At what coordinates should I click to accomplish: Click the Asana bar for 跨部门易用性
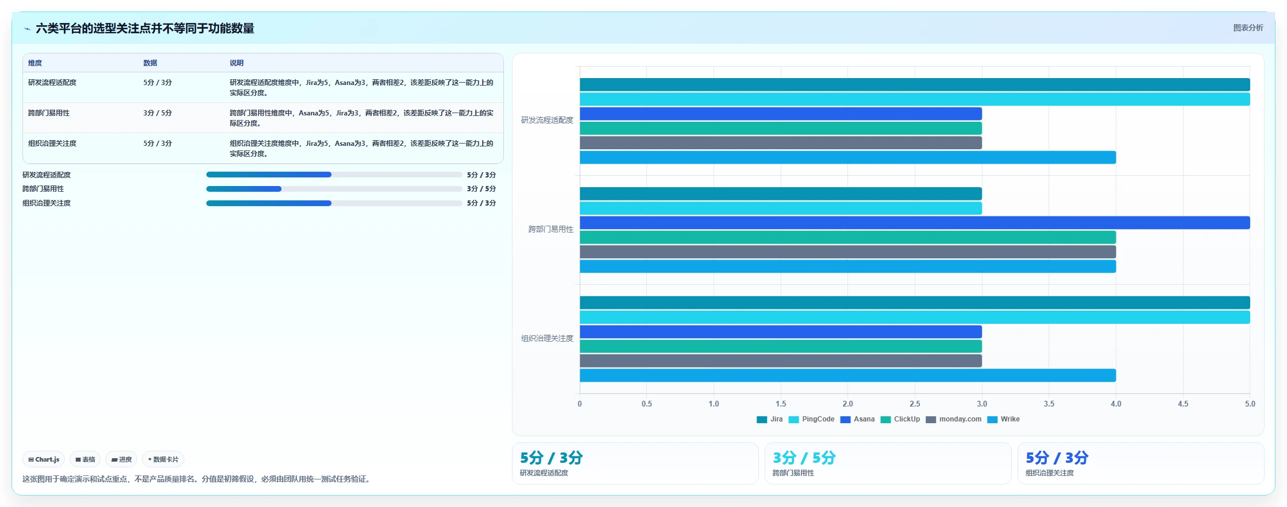[915, 223]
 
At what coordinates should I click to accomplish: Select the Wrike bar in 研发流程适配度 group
[847, 157]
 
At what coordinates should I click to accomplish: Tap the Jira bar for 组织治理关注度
[915, 303]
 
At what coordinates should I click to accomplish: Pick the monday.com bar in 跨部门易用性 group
[847, 252]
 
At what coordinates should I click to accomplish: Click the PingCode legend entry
[811, 419]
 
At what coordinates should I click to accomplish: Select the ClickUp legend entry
[900, 419]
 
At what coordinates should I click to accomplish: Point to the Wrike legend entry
[1003, 419]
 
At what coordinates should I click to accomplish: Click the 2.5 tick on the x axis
[915, 404]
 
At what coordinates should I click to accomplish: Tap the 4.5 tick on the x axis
[1183, 404]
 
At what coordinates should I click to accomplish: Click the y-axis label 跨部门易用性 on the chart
[551, 229]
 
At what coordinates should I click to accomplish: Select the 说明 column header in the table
[237, 63]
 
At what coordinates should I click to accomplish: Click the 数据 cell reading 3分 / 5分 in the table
[157, 113]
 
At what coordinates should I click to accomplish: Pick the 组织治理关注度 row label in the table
[52, 144]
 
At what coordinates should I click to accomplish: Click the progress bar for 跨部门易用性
[334, 189]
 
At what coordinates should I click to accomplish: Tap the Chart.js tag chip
[44, 459]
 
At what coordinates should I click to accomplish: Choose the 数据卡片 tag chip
[163, 459]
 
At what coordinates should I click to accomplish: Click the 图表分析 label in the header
[1248, 28]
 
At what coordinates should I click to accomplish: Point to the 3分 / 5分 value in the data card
[804, 458]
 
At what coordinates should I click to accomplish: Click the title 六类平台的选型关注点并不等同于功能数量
[145, 28]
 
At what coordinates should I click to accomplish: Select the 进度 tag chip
[121, 459]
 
